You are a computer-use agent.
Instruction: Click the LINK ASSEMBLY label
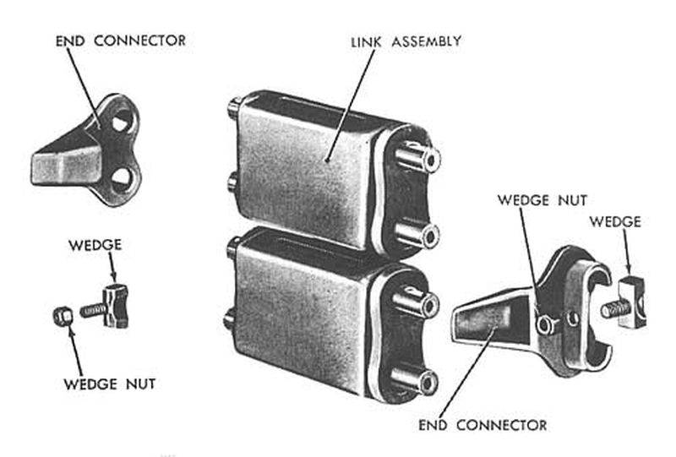pos(405,40)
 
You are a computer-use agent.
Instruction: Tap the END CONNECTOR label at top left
pos(120,41)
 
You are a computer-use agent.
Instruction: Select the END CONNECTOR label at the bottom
pos(482,424)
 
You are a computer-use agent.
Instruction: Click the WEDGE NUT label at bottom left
pos(108,384)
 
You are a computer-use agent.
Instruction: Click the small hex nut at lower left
pos(60,316)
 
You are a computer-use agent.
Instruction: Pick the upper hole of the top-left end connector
pos(121,120)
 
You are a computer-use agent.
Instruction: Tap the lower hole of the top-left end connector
pos(121,177)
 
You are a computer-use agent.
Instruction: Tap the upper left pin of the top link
pos(232,108)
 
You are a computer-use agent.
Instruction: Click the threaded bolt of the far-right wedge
pos(609,309)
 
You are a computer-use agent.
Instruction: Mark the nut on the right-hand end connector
pos(547,324)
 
